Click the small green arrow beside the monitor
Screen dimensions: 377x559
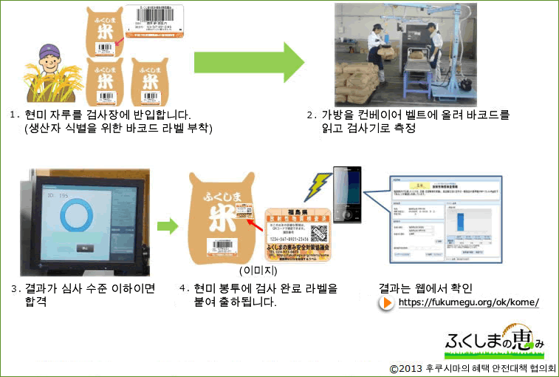168,225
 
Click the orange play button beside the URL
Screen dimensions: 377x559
386,303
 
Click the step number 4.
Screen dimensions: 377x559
182,288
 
